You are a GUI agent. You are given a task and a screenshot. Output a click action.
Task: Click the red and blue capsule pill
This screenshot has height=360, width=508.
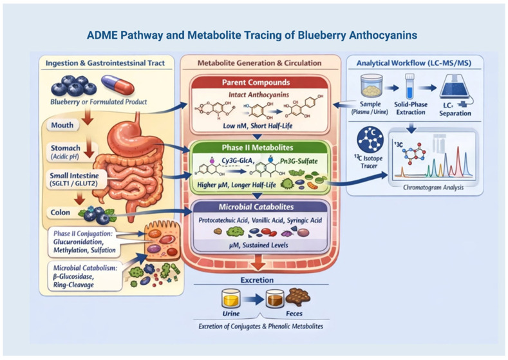click(118, 85)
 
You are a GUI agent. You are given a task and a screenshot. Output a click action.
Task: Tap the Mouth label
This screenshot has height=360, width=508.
click(62, 125)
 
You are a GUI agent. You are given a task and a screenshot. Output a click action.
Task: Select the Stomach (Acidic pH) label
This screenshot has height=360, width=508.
click(66, 152)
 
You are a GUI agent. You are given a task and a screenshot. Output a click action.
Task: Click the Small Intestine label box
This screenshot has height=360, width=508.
click(74, 180)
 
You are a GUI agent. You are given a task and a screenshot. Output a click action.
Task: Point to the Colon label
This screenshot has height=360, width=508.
click(61, 213)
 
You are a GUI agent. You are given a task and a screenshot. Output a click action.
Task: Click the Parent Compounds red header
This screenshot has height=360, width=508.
click(256, 82)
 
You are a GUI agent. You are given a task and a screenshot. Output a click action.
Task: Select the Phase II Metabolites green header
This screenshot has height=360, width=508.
click(258, 147)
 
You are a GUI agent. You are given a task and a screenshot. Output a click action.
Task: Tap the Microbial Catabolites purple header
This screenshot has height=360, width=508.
click(256, 207)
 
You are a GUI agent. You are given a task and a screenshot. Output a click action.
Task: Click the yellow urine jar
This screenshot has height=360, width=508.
click(230, 298)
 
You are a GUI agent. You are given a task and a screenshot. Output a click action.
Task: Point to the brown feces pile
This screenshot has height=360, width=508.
click(298, 296)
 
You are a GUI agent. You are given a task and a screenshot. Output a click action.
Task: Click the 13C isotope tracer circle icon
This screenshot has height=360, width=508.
click(370, 139)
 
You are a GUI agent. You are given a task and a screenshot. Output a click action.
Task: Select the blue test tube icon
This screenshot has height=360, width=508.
click(410, 86)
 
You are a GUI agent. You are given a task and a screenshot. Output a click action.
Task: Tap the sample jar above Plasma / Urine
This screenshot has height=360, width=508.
click(372, 86)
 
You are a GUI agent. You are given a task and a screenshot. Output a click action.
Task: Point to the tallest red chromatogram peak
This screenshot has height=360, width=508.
click(458, 162)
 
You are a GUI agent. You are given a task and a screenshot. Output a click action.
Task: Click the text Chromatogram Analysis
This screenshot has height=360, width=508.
click(433, 187)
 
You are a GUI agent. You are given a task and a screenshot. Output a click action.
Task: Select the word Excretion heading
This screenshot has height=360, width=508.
click(257, 280)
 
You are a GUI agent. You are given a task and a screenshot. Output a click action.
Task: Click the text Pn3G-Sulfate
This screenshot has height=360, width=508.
click(299, 161)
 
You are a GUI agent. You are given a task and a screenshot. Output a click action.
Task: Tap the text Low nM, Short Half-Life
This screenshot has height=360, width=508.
click(258, 126)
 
